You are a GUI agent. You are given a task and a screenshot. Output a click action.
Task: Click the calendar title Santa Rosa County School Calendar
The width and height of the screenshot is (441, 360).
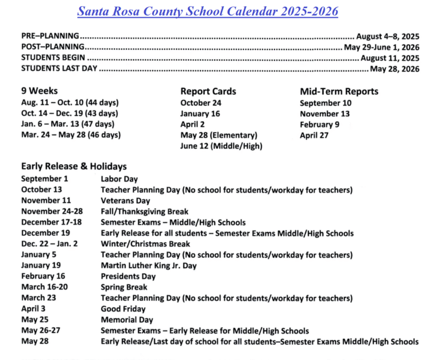(x=207, y=11)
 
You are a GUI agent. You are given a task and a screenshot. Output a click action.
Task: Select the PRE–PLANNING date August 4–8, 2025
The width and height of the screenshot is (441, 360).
(x=388, y=36)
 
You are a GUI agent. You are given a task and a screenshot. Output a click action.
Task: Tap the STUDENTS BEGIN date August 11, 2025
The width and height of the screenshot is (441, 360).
(x=390, y=58)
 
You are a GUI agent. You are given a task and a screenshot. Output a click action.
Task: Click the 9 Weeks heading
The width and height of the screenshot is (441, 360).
(x=40, y=91)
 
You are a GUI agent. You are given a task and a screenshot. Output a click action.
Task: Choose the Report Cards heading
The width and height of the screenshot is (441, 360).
(x=208, y=91)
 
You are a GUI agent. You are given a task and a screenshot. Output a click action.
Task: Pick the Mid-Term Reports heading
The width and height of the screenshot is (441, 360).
(x=339, y=91)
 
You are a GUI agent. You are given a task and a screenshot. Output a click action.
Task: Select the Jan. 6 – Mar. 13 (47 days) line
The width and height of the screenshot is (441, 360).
(x=68, y=124)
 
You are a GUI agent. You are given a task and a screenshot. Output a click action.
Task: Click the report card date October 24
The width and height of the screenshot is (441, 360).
(x=200, y=103)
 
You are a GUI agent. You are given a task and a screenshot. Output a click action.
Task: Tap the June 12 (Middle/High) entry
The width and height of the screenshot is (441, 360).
(x=221, y=146)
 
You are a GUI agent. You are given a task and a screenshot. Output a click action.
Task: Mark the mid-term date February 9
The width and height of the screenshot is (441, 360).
(x=319, y=125)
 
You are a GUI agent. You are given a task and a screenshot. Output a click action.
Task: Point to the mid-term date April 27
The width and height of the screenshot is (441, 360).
(x=315, y=136)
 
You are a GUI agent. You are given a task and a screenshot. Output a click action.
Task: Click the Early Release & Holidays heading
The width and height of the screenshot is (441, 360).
(x=73, y=167)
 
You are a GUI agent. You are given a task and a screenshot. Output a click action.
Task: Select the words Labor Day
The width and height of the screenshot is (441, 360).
(x=119, y=179)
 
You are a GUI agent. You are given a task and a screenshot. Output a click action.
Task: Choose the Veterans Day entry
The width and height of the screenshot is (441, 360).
(x=125, y=201)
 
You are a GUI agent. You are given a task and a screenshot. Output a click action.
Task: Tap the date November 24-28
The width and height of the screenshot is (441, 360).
(x=52, y=211)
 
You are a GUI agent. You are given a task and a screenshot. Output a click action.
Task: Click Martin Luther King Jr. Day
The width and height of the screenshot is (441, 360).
(x=149, y=266)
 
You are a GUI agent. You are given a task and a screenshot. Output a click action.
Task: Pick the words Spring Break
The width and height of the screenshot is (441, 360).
(x=124, y=287)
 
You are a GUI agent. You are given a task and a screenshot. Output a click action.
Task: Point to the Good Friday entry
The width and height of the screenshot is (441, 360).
(x=123, y=309)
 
